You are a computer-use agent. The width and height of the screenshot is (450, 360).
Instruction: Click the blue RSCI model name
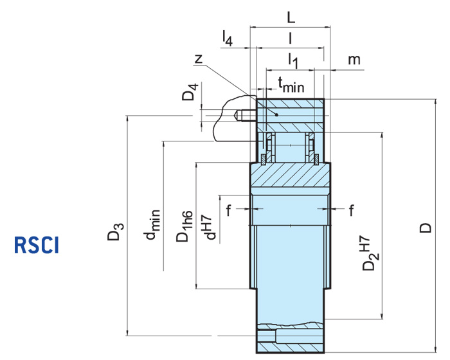coord(37,245)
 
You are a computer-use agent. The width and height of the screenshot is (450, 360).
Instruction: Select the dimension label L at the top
coord(291,19)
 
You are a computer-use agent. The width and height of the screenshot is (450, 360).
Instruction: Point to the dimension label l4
coord(227,39)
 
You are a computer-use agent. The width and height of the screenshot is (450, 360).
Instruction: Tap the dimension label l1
coord(292,61)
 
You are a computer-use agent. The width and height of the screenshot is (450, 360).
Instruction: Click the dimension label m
coord(354,60)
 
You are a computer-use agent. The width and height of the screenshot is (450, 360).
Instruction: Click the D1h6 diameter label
coord(184,226)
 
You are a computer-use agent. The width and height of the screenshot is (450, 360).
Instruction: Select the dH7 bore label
coord(208,226)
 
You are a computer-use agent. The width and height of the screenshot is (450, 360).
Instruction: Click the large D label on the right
coord(425,228)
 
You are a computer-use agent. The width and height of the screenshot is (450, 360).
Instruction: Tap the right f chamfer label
coord(352,209)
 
